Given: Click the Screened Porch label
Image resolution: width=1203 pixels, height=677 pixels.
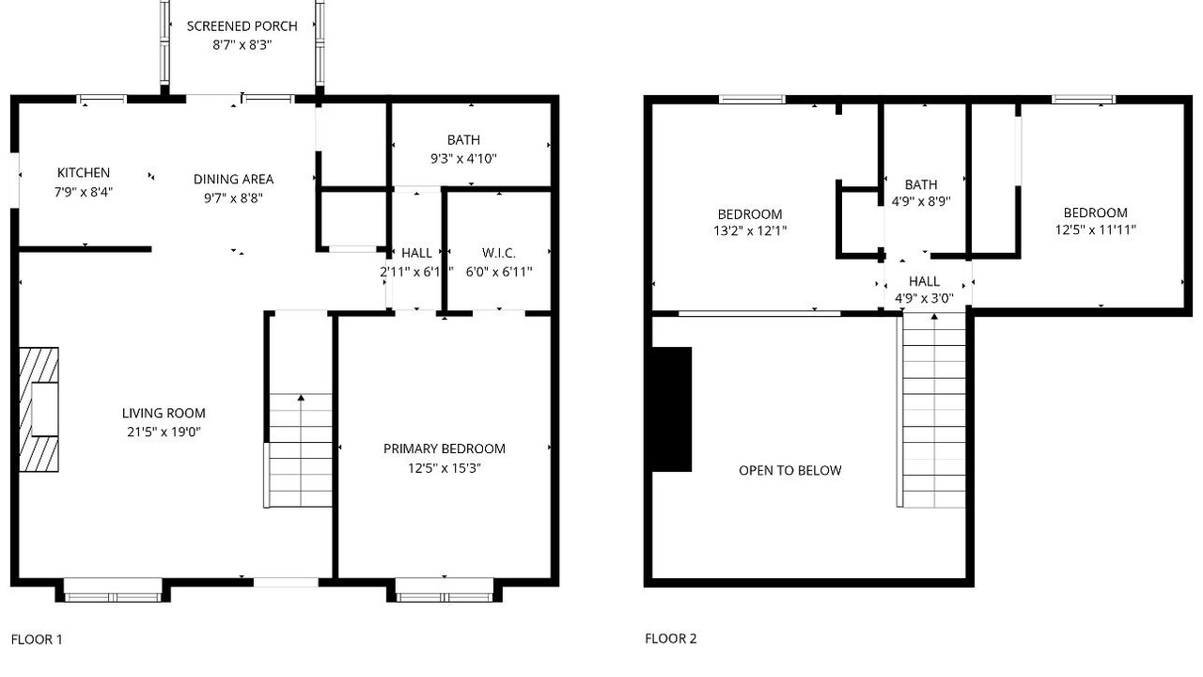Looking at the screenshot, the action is click(242, 26).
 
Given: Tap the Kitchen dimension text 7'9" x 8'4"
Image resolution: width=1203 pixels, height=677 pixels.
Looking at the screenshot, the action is click(84, 192).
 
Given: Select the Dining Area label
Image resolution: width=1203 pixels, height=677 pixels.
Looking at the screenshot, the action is click(234, 179).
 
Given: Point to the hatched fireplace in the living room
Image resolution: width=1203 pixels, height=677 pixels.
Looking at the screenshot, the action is click(39, 410).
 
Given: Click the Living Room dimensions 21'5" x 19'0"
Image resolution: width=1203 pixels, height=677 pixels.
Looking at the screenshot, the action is click(164, 432).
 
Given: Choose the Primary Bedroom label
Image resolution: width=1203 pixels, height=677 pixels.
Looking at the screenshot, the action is click(445, 449).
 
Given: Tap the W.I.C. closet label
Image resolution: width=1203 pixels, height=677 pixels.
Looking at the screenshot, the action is click(499, 253).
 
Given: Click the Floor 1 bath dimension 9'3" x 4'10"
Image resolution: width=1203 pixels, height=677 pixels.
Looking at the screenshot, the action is click(463, 159).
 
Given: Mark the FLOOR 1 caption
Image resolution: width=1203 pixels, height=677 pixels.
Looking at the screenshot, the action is click(37, 639).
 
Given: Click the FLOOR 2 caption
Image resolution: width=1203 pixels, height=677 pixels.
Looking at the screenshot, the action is click(671, 638).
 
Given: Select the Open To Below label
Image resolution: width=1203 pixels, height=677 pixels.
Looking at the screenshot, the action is click(790, 471).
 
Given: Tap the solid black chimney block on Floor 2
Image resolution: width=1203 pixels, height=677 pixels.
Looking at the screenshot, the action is click(672, 409).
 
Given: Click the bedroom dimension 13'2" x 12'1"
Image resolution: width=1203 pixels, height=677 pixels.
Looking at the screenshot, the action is click(750, 231).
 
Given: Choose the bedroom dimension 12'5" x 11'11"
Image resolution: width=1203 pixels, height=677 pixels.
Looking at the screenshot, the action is click(1096, 230).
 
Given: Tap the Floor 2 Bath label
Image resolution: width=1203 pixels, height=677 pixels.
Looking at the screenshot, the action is click(921, 185).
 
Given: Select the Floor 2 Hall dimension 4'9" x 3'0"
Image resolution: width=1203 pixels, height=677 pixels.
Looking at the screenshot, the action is click(924, 298).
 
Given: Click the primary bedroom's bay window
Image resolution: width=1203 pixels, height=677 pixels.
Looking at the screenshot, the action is click(445, 590).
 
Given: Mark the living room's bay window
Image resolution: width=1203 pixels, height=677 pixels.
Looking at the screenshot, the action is click(113, 590).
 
